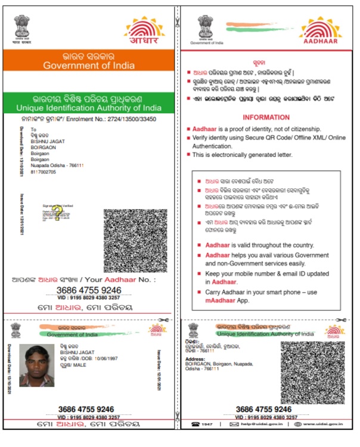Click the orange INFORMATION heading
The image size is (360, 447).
pyautogui.click(x=266, y=117)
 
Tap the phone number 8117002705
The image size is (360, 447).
pyautogui.click(x=45, y=171)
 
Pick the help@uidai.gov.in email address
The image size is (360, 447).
pyautogui.click(x=258, y=424)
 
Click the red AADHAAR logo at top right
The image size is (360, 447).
pyautogui.click(x=320, y=31)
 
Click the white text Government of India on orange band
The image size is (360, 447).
pyautogui.click(x=89, y=66)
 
